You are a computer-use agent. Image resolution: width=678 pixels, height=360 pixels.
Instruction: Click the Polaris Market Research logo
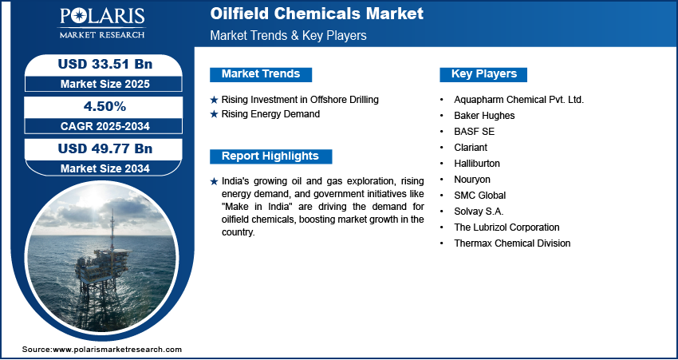[102, 22]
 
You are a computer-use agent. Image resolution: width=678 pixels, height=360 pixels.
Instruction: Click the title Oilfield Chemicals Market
[317, 14]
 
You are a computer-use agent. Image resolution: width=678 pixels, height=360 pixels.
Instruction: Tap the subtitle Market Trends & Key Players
[289, 35]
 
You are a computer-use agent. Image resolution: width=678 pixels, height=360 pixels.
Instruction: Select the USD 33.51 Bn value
[105, 64]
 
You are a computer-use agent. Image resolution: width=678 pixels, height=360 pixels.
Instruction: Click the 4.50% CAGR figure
[105, 106]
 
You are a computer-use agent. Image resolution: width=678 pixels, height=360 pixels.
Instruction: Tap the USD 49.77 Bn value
[105, 148]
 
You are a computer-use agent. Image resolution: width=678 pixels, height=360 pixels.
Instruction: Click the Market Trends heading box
[261, 74]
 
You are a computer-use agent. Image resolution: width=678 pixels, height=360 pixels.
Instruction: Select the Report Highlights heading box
[270, 156]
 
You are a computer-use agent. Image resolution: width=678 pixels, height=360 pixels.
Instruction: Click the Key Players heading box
[483, 74]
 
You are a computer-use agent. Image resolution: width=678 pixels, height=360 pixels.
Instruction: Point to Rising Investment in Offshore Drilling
[300, 100]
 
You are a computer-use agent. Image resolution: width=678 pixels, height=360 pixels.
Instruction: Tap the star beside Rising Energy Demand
[214, 115]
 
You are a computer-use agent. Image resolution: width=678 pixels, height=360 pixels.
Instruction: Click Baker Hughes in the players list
[484, 116]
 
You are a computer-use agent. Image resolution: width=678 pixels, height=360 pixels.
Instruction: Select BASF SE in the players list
[475, 132]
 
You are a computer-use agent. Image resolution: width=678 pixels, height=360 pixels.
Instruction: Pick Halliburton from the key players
[477, 163]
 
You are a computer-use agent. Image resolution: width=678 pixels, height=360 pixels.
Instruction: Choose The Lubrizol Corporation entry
[507, 227]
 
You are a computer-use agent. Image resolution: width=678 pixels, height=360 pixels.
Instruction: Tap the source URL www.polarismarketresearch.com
[117, 349]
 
